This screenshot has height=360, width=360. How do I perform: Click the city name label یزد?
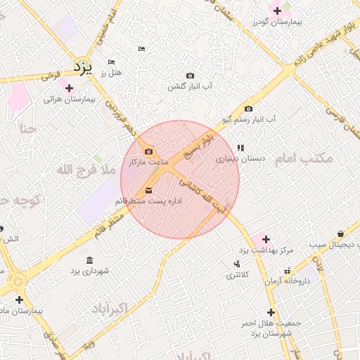point(83,67)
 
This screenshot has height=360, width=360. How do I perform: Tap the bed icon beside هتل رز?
point(111,62)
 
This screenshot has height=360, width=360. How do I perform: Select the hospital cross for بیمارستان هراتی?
point(69,88)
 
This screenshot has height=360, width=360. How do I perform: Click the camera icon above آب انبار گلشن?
point(190,75)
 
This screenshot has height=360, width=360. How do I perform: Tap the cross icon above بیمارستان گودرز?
point(277,11)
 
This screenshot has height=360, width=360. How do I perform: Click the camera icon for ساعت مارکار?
point(148,151)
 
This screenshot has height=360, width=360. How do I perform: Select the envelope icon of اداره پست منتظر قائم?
point(148,191)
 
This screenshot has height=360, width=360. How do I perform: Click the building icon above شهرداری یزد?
point(89,259)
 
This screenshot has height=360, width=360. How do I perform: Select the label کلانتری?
point(236,275)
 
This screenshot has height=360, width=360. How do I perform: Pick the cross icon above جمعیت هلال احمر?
point(271,312)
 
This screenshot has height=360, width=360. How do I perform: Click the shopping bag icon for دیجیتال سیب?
point(340,233)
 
